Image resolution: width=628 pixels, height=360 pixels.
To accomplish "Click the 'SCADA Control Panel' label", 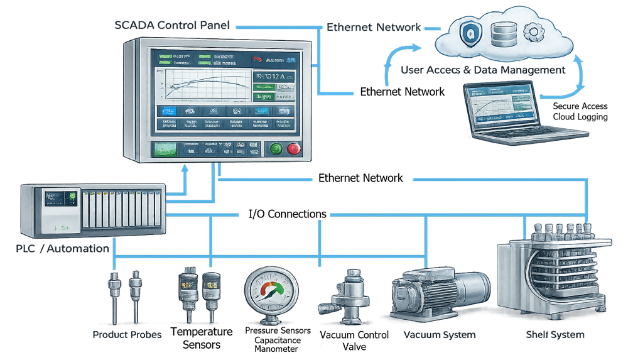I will click(173, 26).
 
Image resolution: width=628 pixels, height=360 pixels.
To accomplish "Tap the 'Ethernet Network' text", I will click(374, 28).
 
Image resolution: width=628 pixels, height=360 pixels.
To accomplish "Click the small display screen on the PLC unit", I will click(58, 199).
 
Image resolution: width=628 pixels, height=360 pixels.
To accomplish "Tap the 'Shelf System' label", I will click(555, 335).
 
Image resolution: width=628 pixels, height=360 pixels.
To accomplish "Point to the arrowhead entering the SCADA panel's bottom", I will click(184, 168).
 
